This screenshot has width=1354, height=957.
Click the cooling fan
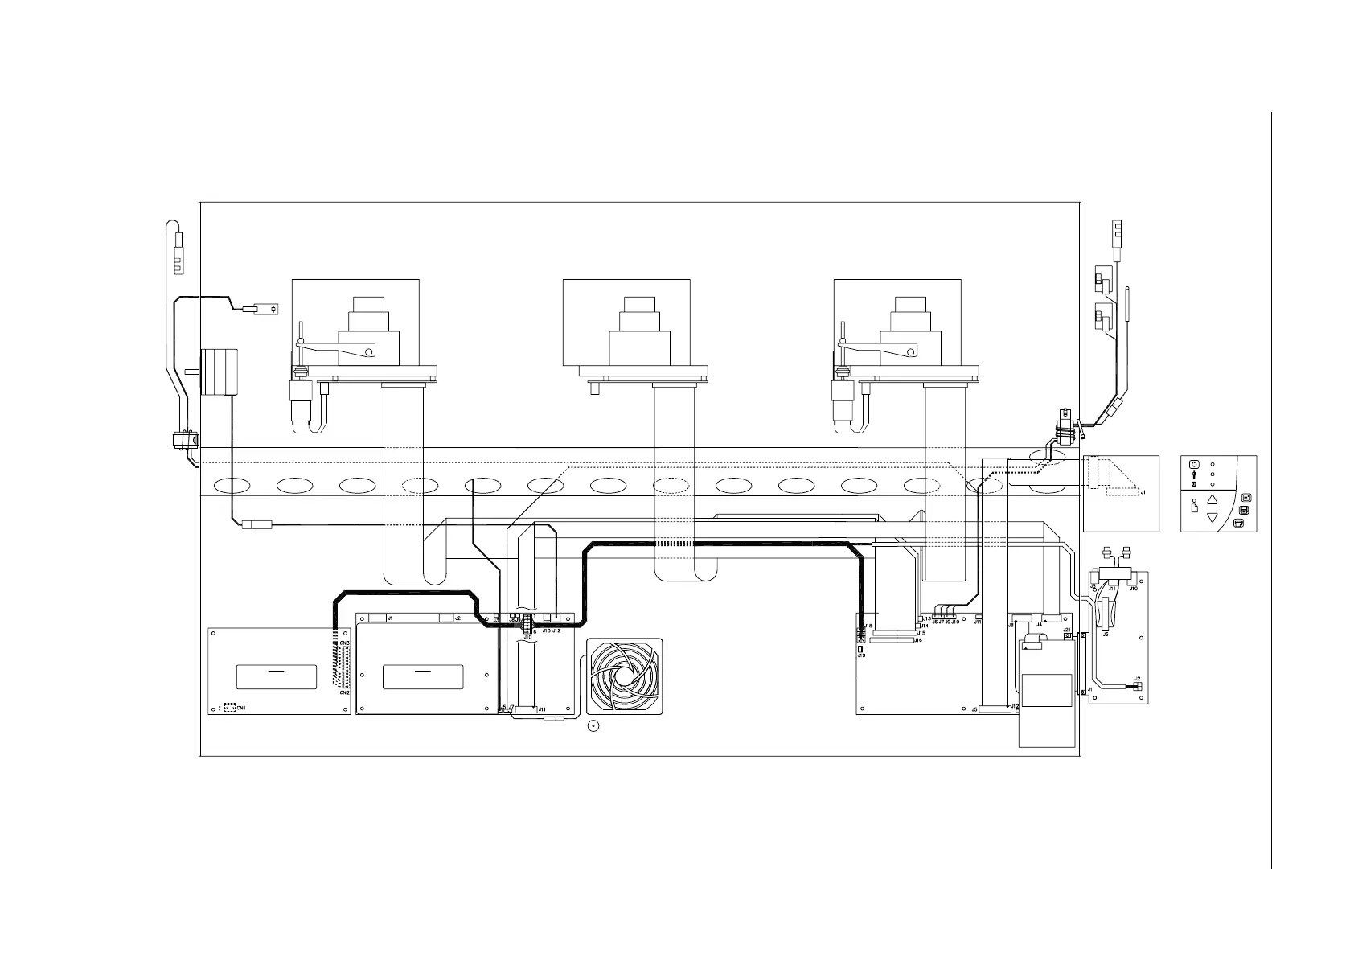click(626, 677)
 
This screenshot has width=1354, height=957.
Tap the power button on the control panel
click(1194, 464)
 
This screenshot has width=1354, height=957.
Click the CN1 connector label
click(241, 708)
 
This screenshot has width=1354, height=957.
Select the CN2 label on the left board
click(344, 692)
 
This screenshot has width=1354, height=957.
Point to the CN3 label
click(344, 643)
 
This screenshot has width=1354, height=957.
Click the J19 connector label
click(861, 655)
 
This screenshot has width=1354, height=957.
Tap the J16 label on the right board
click(918, 640)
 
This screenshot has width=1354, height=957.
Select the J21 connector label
click(1067, 630)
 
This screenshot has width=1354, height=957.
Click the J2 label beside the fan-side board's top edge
click(457, 618)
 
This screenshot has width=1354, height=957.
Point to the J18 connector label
click(868, 626)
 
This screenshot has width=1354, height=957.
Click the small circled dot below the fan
click(593, 727)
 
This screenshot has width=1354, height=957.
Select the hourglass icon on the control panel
click(1194, 485)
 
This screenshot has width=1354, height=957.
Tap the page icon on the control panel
click(1194, 508)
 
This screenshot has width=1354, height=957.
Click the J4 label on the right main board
click(1040, 625)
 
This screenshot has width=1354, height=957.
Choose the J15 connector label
click(921, 633)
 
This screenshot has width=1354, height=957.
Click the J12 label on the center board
click(556, 631)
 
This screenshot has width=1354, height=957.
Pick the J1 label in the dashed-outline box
click(1143, 491)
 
